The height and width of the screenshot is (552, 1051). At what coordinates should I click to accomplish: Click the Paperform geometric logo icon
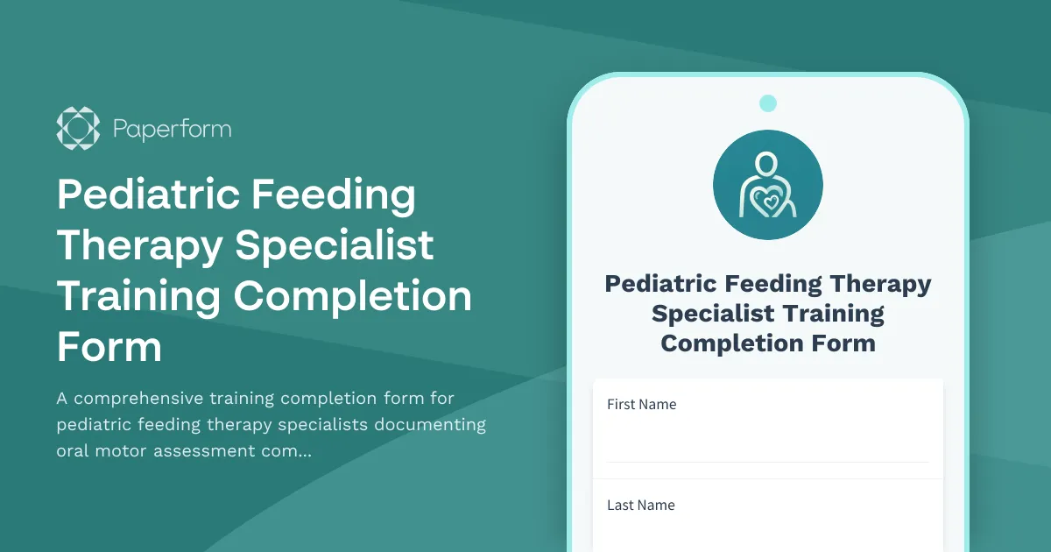(x=78, y=129)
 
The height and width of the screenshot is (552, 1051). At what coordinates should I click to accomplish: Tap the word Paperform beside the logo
(x=172, y=130)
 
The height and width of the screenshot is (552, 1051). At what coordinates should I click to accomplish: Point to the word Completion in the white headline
(x=352, y=296)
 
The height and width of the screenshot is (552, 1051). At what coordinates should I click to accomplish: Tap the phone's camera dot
(x=768, y=103)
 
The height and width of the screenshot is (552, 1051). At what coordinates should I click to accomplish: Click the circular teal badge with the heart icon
(x=768, y=185)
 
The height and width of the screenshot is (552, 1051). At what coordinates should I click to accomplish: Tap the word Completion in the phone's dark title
(x=715, y=343)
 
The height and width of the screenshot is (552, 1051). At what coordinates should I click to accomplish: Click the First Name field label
(x=642, y=405)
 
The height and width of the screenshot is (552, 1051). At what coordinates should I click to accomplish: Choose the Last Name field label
(x=641, y=505)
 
